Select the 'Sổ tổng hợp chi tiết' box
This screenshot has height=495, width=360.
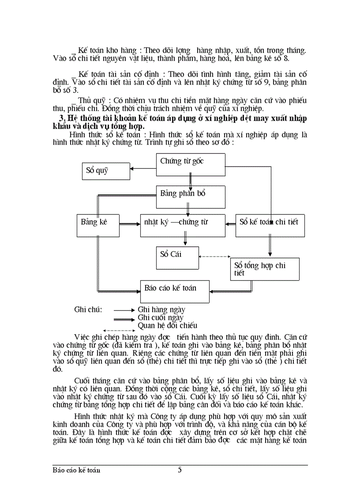(265, 269)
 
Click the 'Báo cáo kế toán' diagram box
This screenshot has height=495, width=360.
(175, 291)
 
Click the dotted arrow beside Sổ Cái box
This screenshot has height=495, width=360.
(215, 256)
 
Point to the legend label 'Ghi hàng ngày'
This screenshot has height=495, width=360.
(161, 309)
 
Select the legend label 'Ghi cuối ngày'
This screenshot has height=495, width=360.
(161, 317)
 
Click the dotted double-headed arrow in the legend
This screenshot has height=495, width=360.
(118, 330)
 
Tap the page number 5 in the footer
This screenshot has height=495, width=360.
(180, 469)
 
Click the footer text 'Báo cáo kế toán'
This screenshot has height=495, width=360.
(76, 470)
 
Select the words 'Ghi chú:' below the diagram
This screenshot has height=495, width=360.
(88, 309)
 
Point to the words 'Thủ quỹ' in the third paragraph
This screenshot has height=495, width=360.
(92, 100)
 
